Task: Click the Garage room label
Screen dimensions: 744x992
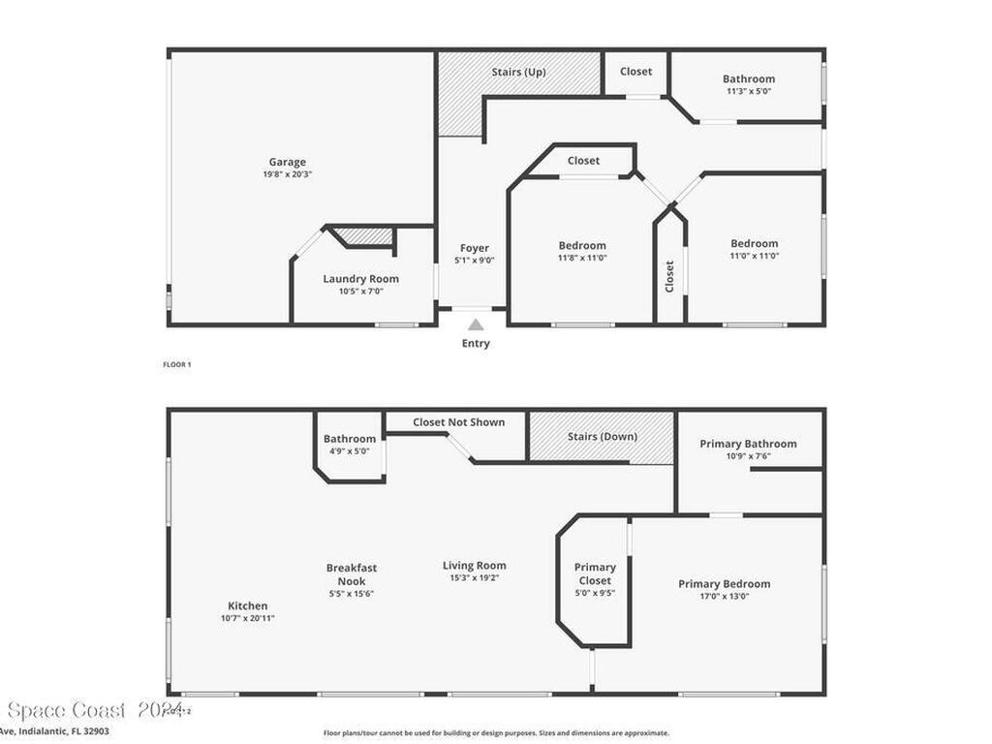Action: tap(287, 162)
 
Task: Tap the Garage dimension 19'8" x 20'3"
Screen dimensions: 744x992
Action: tap(287, 174)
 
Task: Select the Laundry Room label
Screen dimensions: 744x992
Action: tap(360, 279)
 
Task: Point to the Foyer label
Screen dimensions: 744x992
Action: tap(475, 248)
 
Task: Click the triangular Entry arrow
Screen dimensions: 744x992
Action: tap(476, 325)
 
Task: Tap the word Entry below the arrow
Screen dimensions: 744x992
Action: tap(476, 344)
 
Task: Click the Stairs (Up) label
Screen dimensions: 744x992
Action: tap(518, 72)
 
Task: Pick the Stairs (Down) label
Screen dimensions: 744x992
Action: tap(603, 436)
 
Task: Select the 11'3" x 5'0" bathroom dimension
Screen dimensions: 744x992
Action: tap(749, 91)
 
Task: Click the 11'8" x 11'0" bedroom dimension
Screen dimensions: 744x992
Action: tap(582, 258)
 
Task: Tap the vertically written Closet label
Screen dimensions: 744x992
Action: tap(669, 276)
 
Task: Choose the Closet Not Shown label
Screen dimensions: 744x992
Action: tap(458, 422)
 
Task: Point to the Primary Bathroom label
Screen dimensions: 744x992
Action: tap(748, 444)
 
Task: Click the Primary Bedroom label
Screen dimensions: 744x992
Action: tap(724, 584)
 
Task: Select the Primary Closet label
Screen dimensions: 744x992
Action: tap(595, 573)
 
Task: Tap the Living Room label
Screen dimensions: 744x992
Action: tap(474, 566)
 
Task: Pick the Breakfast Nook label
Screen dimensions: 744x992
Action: tap(352, 574)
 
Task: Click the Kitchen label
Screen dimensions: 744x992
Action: tap(243, 606)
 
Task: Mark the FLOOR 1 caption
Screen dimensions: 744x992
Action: tap(176, 364)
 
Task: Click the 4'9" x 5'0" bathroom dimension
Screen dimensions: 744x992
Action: tap(350, 450)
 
